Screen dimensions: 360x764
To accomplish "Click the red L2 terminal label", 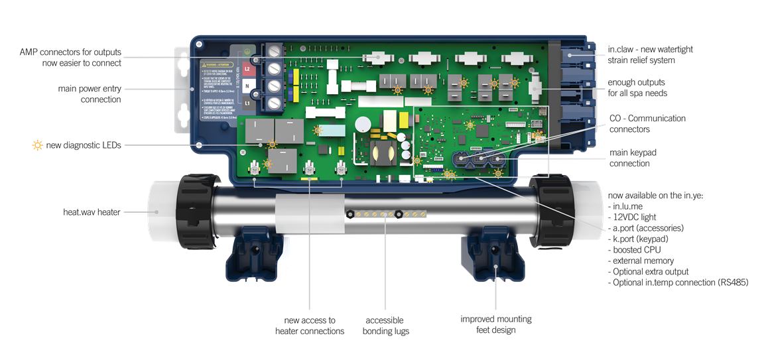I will pos(247,68).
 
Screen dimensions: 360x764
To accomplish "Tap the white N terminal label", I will pos(247,86).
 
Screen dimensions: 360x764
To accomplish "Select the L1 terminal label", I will pos(247,104).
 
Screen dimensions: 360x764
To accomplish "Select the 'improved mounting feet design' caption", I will pos(496,324).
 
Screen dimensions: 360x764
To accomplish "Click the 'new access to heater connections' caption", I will pos(310,326).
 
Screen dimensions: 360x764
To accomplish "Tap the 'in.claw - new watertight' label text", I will pos(650,50).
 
